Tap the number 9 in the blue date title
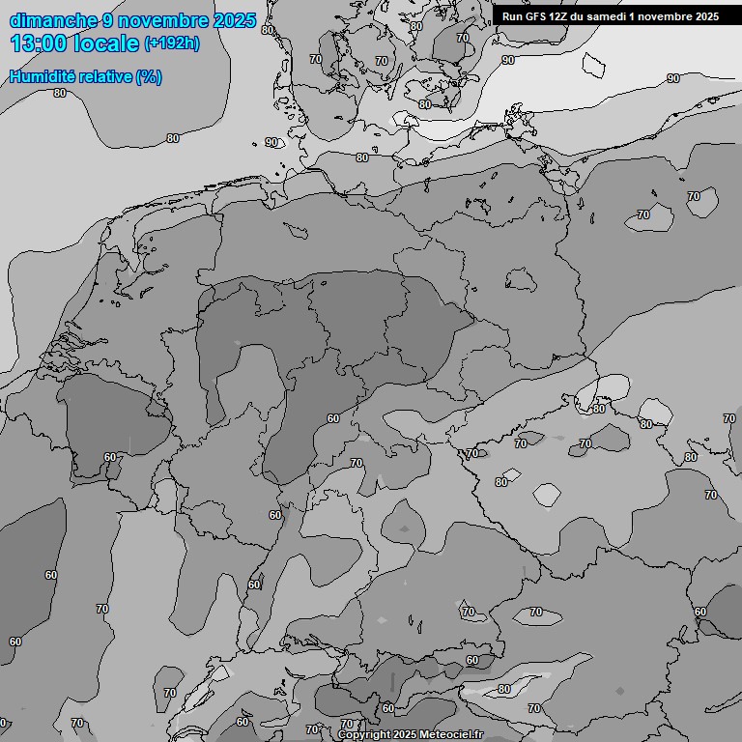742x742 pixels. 108,20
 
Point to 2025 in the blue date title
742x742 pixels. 236,20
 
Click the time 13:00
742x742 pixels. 40,43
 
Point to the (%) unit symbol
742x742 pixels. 149,76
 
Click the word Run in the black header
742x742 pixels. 512,16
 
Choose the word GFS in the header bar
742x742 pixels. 536,16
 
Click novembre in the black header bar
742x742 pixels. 666,16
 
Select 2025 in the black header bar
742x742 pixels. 706,16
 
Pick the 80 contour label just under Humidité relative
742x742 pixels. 60,93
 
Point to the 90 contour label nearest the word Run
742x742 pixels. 508,60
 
